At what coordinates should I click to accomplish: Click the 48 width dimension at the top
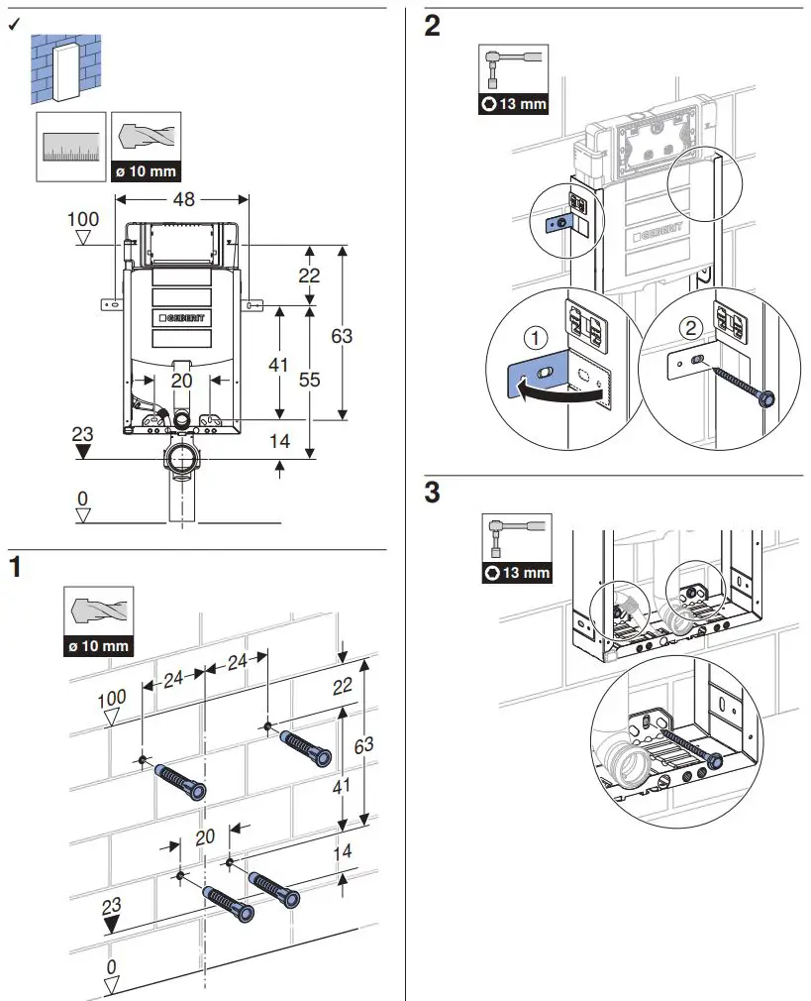coord(182,199)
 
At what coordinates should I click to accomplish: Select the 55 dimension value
coord(309,378)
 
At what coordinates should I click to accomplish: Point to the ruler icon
coord(70,147)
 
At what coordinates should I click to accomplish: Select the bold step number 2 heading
coord(432,27)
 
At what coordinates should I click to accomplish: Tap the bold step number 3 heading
coord(432,493)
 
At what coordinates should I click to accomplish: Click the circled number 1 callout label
coord(535,339)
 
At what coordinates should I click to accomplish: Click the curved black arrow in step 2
coord(560,394)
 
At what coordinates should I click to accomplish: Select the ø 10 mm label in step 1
coord(97,646)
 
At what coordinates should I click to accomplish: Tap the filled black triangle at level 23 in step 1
coord(112,924)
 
